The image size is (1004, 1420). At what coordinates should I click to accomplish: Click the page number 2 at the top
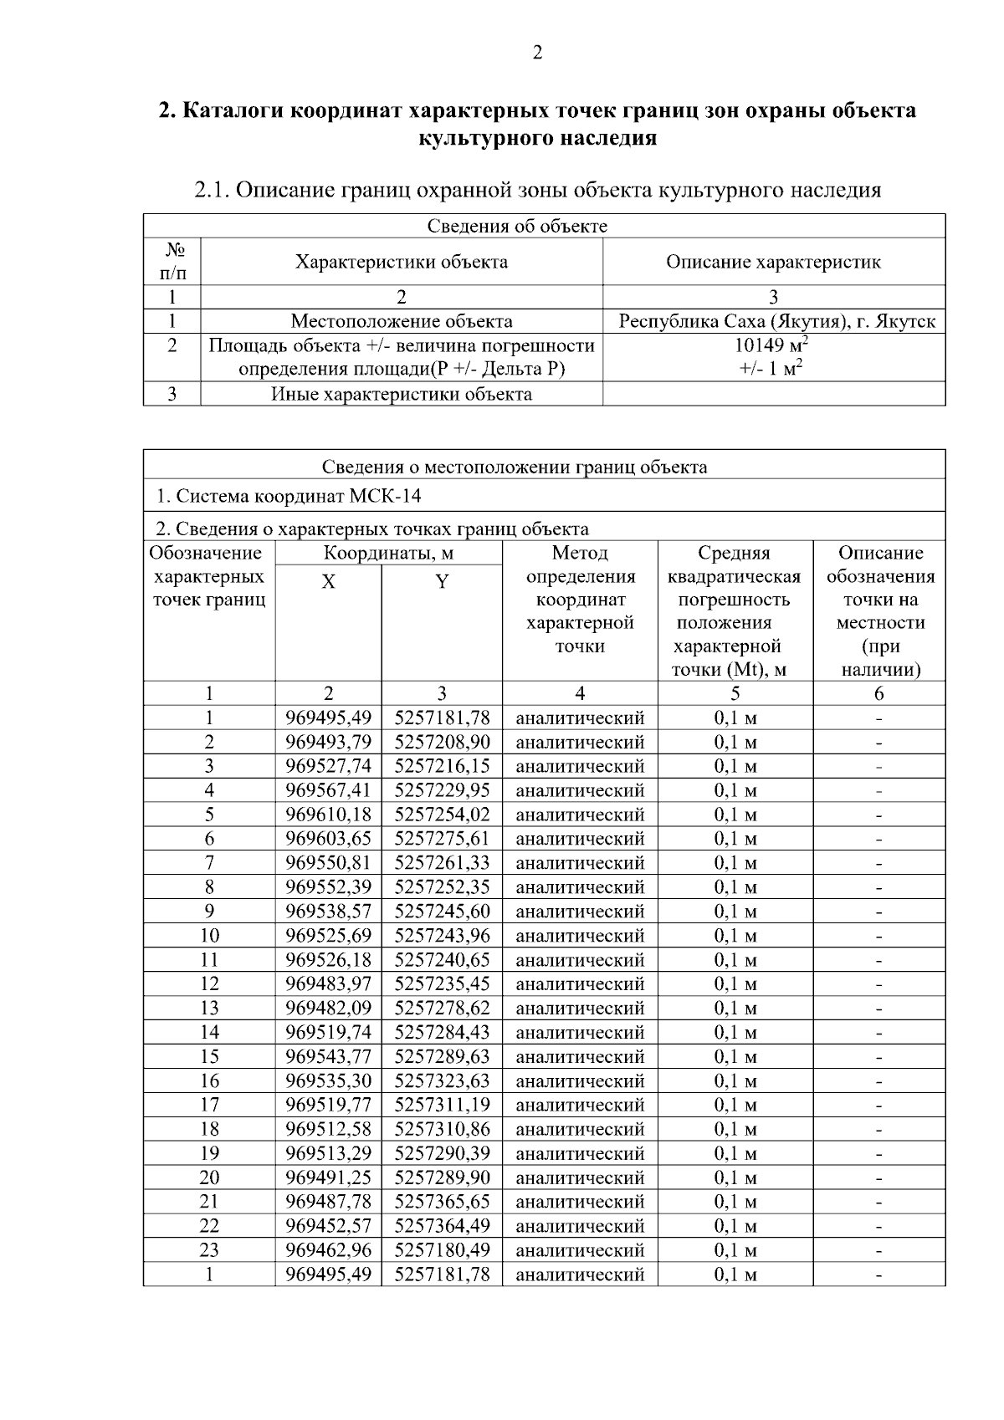537,54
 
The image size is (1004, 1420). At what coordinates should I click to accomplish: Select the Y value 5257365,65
442,1202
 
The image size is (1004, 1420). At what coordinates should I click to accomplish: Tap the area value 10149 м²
773,346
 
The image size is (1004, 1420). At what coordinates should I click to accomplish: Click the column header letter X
329,582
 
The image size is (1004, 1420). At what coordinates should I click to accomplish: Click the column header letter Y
442,582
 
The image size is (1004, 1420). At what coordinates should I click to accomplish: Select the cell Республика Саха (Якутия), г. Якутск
776,322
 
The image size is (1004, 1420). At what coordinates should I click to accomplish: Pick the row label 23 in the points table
209,1250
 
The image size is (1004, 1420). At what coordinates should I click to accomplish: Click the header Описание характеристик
773,263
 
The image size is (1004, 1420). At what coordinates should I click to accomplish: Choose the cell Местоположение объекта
402,322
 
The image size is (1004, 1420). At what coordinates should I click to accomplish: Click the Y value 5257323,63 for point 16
442,1081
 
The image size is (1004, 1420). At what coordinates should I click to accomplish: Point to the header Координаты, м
388,554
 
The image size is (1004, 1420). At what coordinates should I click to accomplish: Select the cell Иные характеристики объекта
402,394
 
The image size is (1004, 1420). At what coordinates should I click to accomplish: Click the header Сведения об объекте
517,227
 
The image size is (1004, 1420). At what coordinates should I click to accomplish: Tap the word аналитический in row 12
580,984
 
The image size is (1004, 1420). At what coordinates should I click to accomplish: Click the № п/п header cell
172,262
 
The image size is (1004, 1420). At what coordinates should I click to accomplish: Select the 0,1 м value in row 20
735,1177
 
